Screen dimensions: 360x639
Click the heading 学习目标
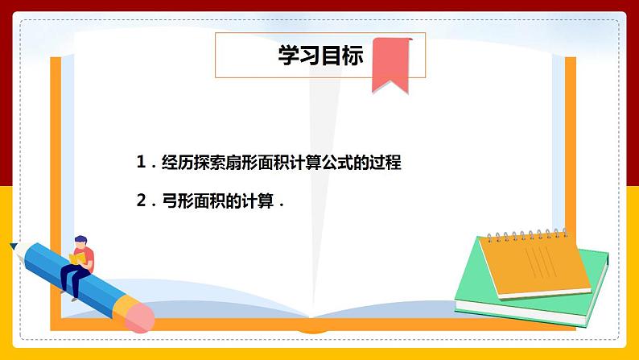[320, 56]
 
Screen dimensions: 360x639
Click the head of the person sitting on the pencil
[80, 241]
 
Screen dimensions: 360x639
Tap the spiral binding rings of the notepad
[523, 235]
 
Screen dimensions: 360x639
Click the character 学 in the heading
[288, 56]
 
